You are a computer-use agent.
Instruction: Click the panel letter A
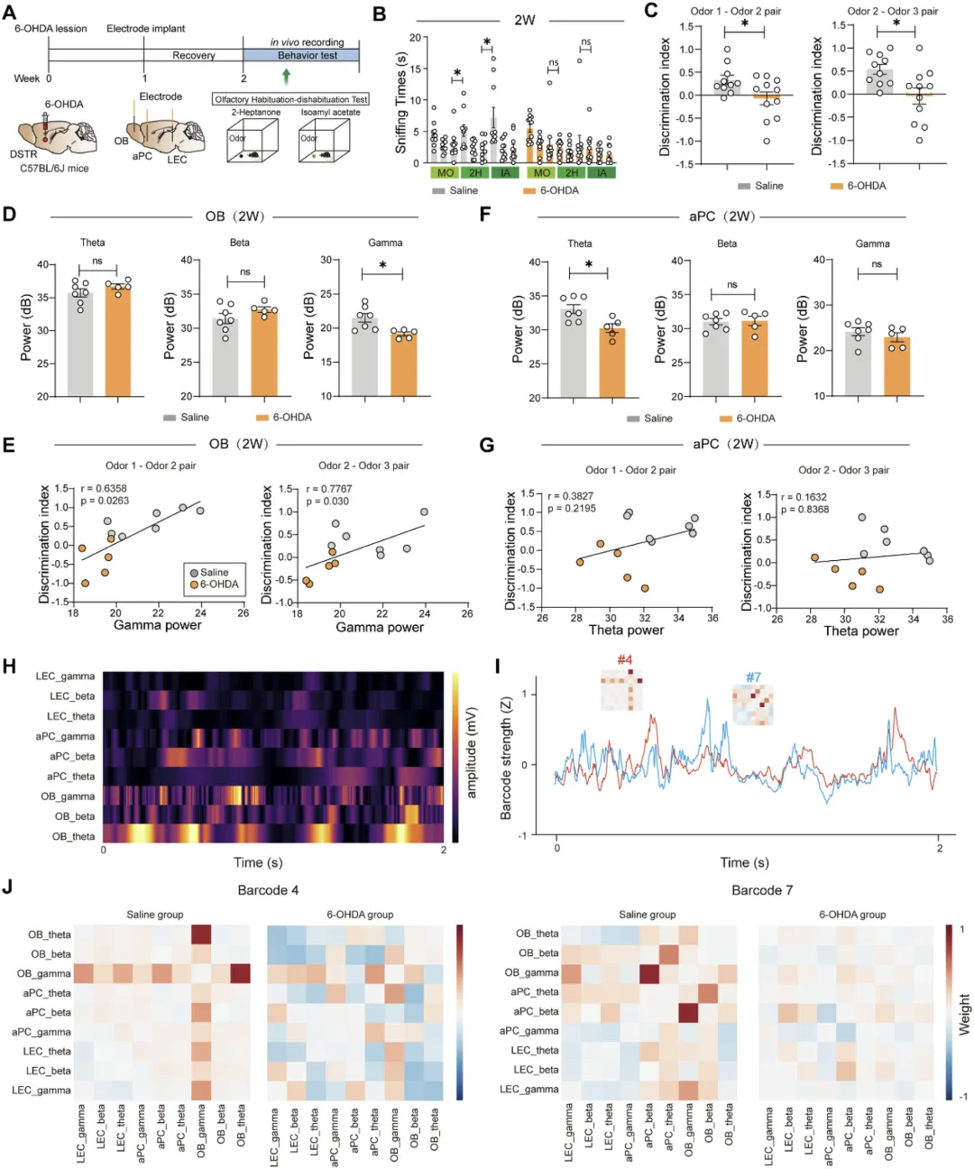pyautogui.click(x=9, y=12)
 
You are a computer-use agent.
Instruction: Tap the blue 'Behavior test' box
pyautogui.click(x=307, y=55)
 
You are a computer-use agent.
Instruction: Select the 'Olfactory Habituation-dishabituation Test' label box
pyautogui.click(x=291, y=99)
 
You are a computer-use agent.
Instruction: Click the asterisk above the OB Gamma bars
pyautogui.click(x=383, y=266)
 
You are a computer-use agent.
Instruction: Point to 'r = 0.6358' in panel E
pyautogui.click(x=103, y=489)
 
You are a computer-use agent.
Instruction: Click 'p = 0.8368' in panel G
pyautogui.click(x=804, y=510)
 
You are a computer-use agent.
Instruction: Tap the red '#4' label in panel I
pyautogui.click(x=625, y=660)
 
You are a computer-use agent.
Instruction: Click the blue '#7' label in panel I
pyautogui.click(x=753, y=677)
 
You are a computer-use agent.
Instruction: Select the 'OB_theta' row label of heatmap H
pyautogui.click(x=73, y=836)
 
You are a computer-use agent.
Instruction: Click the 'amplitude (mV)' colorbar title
pyautogui.click(x=472, y=752)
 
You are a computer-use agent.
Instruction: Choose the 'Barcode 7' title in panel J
pyautogui.click(x=762, y=890)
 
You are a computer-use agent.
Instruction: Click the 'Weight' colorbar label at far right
pyautogui.click(x=965, y=1014)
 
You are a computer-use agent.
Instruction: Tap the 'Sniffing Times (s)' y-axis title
pyautogui.click(x=401, y=101)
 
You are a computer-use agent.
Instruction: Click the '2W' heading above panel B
pyautogui.click(x=524, y=20)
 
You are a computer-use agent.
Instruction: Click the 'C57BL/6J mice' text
pyautogui.click(x=54, y=168)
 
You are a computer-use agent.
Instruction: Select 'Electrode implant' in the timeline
pyautogui.click(x=145, y=29)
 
